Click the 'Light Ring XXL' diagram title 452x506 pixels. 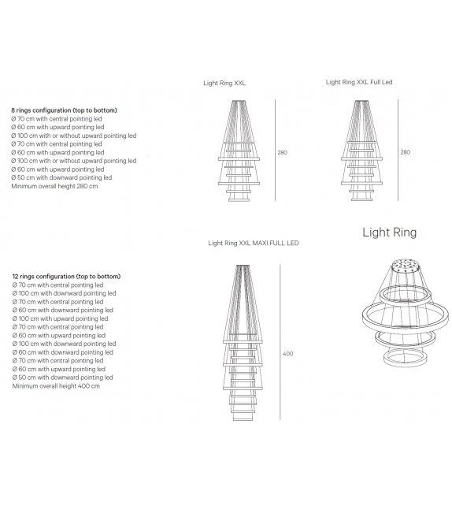click(x=224, y=82)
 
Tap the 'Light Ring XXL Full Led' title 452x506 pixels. click(x=358, y=81)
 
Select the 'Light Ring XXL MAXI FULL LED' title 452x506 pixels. click(x=253, y=244)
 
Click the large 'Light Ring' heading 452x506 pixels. click(x=389, y=232)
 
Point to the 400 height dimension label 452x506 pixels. click(x=287, y=354)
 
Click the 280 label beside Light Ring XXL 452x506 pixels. click(x=282, y=152)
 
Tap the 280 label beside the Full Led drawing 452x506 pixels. click(x=405, y=152)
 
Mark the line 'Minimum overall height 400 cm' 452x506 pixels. click(x=55, y=386)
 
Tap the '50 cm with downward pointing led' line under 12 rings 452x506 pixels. click(x=63, y=378)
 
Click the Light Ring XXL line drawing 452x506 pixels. click(x=239, y=150)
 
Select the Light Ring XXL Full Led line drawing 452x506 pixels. click(x=362, y=150)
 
